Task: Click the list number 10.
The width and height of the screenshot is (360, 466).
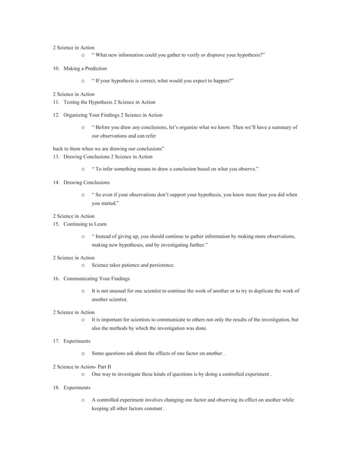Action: pos(56,68)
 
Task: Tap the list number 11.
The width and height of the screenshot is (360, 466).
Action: pos(56,102)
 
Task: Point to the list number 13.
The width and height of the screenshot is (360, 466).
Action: pos(56,156)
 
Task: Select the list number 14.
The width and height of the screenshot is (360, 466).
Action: pos(56,183)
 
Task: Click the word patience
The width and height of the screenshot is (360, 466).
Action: pos(137,265)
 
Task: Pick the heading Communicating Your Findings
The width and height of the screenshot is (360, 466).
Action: pos(96,278)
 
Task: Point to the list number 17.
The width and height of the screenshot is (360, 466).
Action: pos(56,341)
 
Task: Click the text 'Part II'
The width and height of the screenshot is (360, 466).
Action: pos(104,367)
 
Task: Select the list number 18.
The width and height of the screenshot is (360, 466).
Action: pos(56,388)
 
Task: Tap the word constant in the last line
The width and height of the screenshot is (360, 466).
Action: pos(152,410)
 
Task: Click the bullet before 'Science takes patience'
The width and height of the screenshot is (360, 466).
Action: pos(83,265)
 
